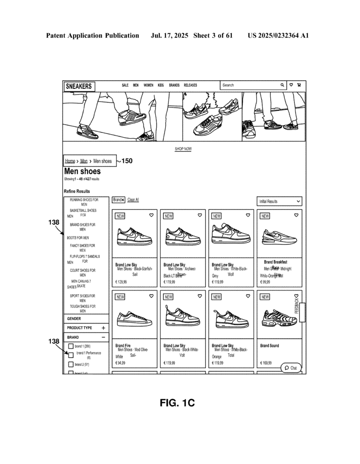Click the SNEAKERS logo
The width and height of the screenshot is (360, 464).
(x=79, y=86)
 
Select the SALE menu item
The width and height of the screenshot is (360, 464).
(x=125, y=85)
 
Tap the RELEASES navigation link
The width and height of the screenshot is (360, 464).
(x=190, y=85)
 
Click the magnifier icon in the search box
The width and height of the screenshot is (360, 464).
(x=282, y=85)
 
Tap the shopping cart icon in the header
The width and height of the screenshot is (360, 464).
(x=299, y=85)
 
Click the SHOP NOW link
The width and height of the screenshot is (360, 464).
(x=183, y=149)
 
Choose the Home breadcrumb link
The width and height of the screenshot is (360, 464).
(x=70, y=161)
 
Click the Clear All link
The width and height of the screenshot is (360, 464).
(x=133, y=200)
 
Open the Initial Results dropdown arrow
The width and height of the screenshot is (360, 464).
(x=298, y=201)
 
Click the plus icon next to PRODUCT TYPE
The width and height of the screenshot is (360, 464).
(x=103, y=328)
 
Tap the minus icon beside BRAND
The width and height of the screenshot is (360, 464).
(x=103, y=338)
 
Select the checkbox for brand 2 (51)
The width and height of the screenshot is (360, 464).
(x=71, y=364)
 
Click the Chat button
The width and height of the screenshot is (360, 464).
(x=291, y=368)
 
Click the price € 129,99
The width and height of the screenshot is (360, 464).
(x=121, y=282)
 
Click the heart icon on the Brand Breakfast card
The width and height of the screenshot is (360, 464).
(x=296, y=215)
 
